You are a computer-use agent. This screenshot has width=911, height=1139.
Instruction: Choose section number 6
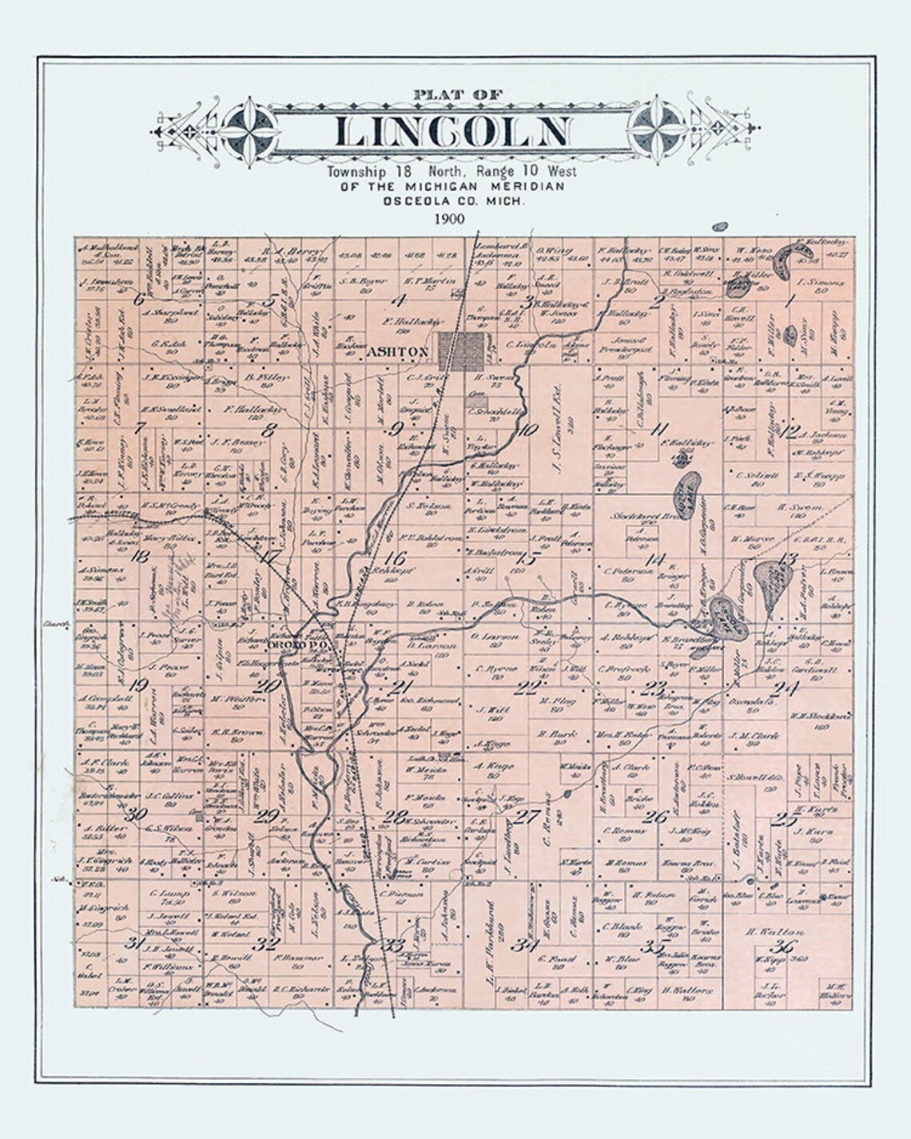pos(139,300)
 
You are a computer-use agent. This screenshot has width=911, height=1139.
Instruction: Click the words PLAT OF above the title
pos(458,95)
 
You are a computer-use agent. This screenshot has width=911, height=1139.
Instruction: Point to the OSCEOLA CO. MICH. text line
pos(454,200)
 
